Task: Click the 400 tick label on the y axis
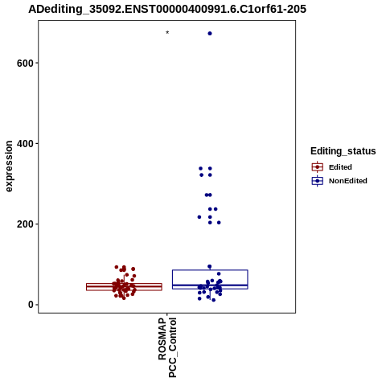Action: pos(25,144)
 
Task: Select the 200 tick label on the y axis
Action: pos(25,224)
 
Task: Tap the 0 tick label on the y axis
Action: pos(31,305)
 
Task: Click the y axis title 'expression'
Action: pos(9,166)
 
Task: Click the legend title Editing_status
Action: pos(343,151)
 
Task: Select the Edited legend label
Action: pos(340,167)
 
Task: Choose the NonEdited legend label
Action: pos(348,181)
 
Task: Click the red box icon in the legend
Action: pos(318,167)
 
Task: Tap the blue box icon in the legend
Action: pos(318,181)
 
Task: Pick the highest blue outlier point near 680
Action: pos(210,34)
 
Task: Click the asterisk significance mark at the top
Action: pos(167,32)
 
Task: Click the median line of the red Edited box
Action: pos(124,287)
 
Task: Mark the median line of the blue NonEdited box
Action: pos(210,285)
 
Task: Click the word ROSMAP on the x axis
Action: pos(162,339)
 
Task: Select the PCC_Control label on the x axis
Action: pos(172,347)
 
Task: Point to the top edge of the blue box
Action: pos(210,270)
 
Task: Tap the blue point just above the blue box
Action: pos(210,266)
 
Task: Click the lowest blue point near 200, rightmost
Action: pos(219,223)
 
